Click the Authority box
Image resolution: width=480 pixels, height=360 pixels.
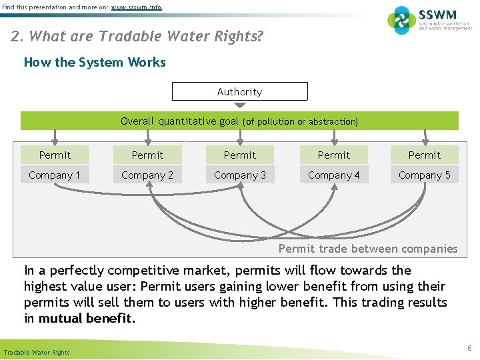[240, 91]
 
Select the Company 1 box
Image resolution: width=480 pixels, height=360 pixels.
[55, 175]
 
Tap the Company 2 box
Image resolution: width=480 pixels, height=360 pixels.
[147, 175]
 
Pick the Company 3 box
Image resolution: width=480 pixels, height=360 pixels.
[240, 175]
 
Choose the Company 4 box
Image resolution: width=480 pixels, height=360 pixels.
[333, 175]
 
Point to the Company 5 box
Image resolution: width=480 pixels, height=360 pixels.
[425, 175]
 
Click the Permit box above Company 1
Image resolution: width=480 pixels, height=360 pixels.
[55, 155]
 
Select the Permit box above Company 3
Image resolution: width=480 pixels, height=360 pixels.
[240, 155]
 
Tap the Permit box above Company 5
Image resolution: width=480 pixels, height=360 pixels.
[425, 155]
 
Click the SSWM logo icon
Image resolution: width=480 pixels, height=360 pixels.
[401, 20]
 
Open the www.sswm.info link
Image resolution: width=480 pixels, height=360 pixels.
[137, 7]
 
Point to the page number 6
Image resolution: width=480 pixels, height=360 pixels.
[469, 348]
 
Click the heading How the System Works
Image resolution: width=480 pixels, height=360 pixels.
[95, 62]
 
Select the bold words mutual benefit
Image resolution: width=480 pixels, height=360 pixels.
[87, 318]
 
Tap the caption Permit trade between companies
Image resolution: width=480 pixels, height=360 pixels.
[368, 249]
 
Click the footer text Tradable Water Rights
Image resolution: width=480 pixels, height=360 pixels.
[37, 352]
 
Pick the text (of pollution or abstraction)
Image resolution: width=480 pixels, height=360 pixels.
[301, 121]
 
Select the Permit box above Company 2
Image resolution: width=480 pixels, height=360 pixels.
[147, 155]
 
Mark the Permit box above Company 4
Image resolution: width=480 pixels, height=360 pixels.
[333, 155]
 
